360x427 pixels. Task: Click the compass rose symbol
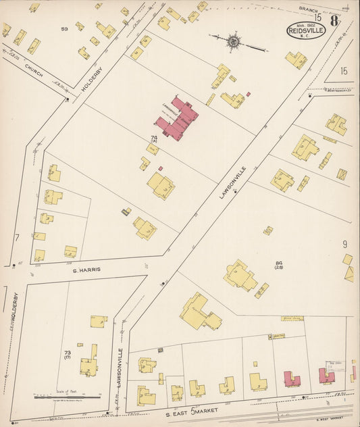pos(234,41)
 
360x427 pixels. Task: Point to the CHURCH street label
pos(33,70)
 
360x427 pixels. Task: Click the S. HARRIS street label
pos(87,269)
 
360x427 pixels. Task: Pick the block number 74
pos(154,138)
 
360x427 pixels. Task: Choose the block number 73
pos(67,353)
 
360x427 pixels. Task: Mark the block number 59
pos(65,29)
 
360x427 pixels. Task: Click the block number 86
pos(278,263)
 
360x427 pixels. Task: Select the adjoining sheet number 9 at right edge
pos(344,244)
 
